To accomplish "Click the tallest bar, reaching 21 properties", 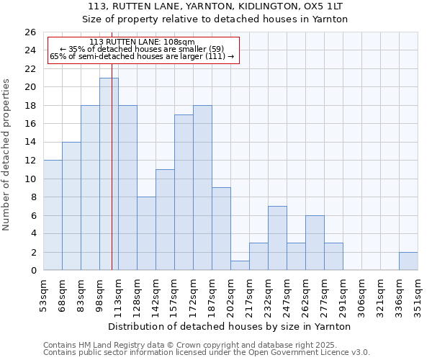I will click(109, 174).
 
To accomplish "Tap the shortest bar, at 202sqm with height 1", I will click(240, 266).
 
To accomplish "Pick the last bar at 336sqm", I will click(408, 261).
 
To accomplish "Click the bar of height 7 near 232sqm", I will click(277, 238).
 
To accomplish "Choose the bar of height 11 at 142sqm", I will click(165, 220).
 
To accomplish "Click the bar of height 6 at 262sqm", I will click(315, 243).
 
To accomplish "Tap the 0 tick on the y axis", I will click(32, 271).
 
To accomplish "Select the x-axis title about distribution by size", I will click(230, 326).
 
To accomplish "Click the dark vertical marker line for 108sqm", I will click(112, 180).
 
